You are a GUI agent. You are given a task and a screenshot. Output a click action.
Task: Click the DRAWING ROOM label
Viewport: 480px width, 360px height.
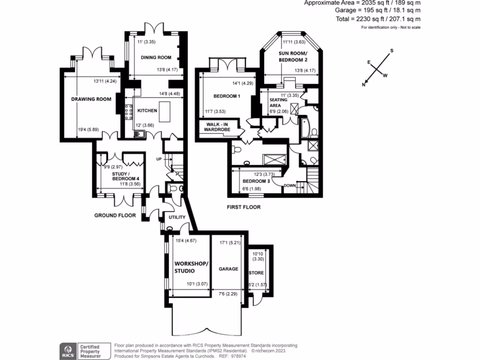pos(91,99)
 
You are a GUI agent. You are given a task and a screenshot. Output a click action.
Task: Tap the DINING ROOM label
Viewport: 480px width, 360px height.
pos(156,58)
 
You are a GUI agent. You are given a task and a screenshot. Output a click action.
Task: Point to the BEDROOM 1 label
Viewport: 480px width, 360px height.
pos(227,97)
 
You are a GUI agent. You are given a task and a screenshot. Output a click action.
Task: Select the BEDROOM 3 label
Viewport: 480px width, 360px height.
pos(256,181)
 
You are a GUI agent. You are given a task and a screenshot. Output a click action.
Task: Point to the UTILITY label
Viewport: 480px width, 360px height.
pos(177,217)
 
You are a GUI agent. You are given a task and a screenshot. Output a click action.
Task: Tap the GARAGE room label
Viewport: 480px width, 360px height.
pos(228,269)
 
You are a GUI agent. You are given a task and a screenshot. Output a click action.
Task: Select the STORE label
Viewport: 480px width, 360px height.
pos(256,273)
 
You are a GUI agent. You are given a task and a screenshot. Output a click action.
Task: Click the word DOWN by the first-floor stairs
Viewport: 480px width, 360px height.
pos(290,186)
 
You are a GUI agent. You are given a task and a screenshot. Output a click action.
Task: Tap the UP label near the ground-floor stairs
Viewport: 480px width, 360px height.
pos(159,159)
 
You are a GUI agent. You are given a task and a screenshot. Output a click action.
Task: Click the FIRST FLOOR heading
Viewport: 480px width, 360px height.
pos(243,207)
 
